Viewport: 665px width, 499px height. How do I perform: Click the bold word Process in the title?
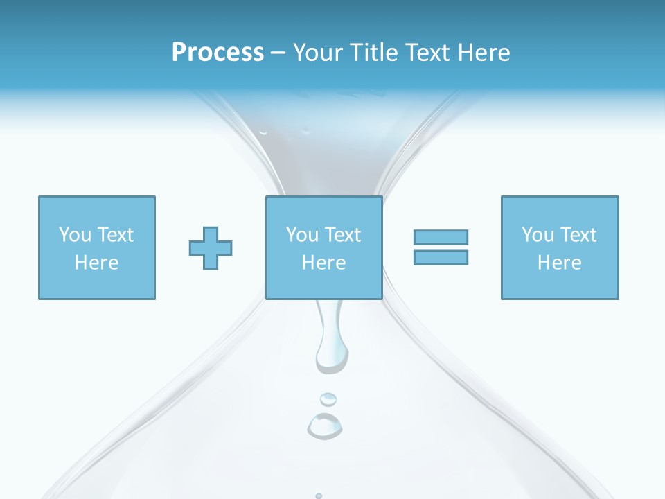[218, 53]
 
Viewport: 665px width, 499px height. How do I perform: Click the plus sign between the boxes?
[211, 248]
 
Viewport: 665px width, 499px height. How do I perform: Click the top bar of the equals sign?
[441, 237]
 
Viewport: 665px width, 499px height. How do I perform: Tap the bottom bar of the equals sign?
[441, 257]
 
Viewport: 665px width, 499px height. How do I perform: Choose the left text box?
[97, 247]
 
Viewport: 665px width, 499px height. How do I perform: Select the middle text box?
[324, 247]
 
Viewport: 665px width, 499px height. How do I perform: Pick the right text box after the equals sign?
[560, 247]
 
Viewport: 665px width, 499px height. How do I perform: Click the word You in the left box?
[75, 235]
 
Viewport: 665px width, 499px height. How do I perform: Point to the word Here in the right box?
[560, 263]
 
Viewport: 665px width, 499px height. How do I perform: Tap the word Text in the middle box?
[344, 235]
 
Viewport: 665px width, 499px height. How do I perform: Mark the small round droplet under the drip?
[328, 399]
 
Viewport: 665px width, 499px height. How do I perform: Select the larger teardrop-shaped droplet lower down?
[324, 426]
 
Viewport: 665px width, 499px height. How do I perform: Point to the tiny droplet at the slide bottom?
[319, 496]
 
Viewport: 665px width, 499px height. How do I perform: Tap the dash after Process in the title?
[278, 53]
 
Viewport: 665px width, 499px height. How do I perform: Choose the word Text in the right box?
[579, 235]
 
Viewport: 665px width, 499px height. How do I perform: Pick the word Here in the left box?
[97, 263]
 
